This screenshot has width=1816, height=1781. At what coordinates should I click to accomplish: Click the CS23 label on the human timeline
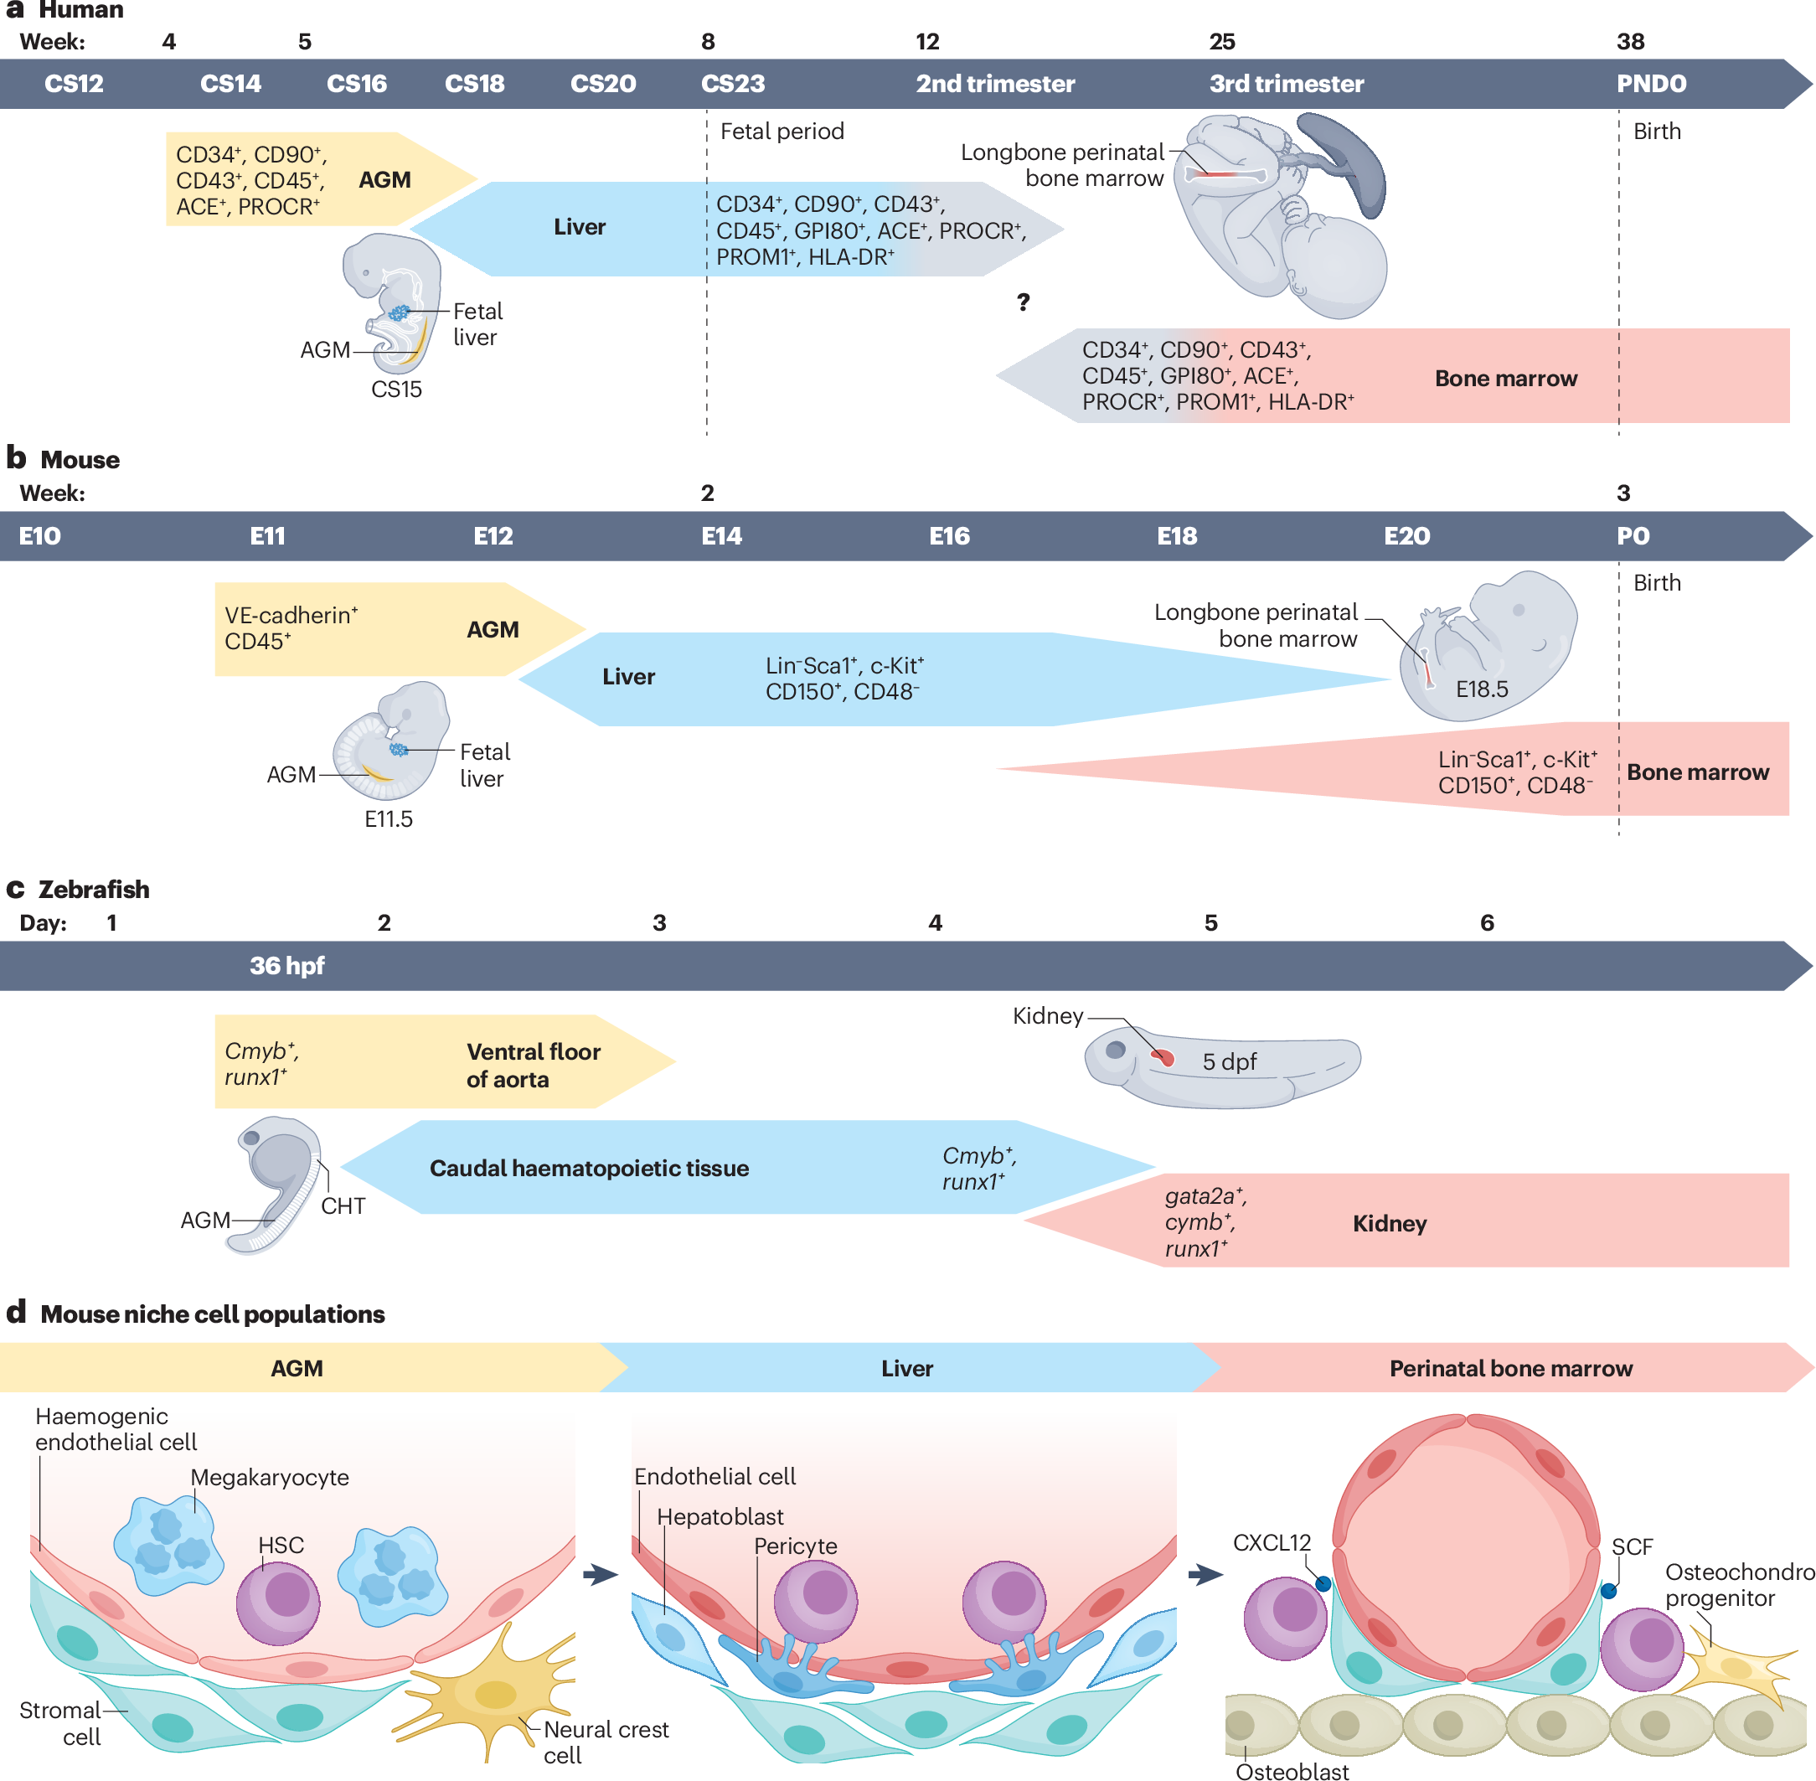pos(732,84)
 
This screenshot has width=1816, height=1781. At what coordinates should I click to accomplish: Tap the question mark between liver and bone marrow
pos(1023,302)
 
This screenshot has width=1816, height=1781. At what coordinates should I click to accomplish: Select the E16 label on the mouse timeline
pos(949,536)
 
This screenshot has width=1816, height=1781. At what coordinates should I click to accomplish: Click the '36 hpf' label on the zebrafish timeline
pos(286,965)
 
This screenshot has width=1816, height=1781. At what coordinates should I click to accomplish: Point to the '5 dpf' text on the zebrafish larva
pos(1229,1061)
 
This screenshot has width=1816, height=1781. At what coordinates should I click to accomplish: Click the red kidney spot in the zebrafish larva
pos(1163,1058)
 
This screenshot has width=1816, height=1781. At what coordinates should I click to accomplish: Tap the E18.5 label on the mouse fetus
pos(1481,689)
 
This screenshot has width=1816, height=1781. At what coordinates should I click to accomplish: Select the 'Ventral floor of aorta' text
pos(532,1066)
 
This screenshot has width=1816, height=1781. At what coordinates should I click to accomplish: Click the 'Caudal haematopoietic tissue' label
pos(589,1169)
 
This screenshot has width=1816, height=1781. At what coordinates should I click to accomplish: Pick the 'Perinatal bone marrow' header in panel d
pos(1510,1369)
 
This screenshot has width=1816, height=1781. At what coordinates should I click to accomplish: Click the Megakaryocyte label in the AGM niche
pos(270,1477)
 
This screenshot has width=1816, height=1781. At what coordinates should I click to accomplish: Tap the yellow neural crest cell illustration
pos(496,1693)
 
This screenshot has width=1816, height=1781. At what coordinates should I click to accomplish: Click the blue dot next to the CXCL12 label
pos(1323,1583)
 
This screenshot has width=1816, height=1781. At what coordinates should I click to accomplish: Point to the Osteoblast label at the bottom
pos(1292,1771)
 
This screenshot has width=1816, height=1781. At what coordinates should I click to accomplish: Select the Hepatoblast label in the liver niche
pos(720,1516)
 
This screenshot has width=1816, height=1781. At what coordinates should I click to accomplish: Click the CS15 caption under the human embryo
pos(396,390)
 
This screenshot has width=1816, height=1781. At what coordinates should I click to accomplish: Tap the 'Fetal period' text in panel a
pos(782,132)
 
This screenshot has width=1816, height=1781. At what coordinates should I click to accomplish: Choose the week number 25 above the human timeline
pos(1221,42)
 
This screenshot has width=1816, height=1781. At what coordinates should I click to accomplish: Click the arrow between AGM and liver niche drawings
pos(600,1575)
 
